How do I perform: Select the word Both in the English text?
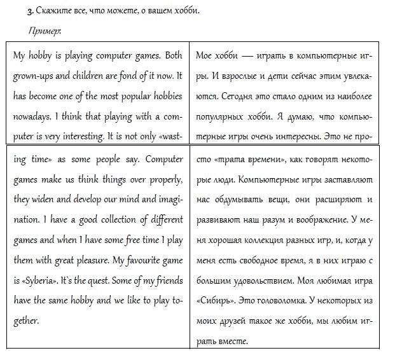point(172,55)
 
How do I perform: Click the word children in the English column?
point(83,76)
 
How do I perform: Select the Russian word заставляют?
point(347,179)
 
